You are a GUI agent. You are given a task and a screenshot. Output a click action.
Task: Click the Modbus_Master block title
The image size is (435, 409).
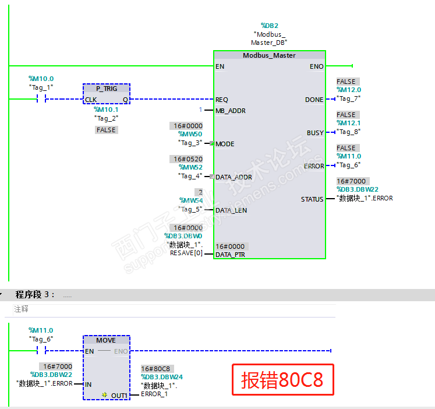point(269,55)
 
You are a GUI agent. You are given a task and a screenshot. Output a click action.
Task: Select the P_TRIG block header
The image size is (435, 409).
point(107,88)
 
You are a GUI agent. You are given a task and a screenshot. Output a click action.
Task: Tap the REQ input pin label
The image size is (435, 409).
point(222,100)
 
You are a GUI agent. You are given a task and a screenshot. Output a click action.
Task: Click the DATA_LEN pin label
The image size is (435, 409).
point(231,210)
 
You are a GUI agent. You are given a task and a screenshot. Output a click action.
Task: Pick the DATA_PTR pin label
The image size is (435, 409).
point(231,255)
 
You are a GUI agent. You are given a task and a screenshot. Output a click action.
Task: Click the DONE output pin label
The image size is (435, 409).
point(314,100)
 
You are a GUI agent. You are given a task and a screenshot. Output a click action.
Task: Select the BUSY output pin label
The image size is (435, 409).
point(315,133)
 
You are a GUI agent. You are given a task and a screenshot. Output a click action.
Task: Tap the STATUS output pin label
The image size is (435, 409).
point(312,200)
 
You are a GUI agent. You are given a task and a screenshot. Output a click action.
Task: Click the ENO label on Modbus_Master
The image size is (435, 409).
point(316,67)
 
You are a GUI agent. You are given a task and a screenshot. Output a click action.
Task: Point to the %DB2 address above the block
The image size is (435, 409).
point(269,26)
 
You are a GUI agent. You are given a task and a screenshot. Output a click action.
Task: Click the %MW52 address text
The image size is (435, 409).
point(190,167)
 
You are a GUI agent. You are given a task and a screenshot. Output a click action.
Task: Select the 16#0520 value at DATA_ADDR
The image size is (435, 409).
point(187,159)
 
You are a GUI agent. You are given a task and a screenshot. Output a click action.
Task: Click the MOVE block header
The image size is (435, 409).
point(106,340)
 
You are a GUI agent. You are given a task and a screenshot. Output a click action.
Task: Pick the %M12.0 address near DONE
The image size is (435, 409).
point(349,90)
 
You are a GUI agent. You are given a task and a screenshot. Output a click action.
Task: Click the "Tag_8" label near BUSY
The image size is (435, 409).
point(349,132)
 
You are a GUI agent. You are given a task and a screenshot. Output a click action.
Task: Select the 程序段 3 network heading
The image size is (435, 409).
point(35,295)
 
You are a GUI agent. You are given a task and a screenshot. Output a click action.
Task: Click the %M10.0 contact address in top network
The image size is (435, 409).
point(41,79)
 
